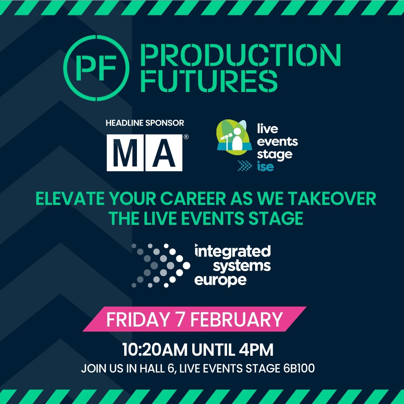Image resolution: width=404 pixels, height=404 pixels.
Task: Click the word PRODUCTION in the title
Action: point(241,55)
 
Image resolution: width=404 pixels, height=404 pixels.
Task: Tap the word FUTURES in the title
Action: point(209,81)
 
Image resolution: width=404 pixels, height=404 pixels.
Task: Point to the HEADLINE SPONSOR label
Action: point(145,123)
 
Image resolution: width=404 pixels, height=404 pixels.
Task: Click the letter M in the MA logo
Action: point(125,153)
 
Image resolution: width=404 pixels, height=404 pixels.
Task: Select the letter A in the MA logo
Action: point(164,153)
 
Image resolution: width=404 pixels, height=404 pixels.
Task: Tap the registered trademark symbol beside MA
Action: point(186,137)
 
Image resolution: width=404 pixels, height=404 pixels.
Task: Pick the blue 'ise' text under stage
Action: point(265,166)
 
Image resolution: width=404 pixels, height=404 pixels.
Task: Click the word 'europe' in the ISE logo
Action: point(221,280)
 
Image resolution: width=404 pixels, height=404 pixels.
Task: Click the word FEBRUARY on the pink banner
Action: point(236,319)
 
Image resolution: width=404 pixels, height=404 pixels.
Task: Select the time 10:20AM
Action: point(154,350)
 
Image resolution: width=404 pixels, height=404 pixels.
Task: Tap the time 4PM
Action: point(256,350)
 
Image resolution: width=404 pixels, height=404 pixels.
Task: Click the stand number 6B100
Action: point(299,368)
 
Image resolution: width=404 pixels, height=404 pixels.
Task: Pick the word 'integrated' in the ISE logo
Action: point(233,251)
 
